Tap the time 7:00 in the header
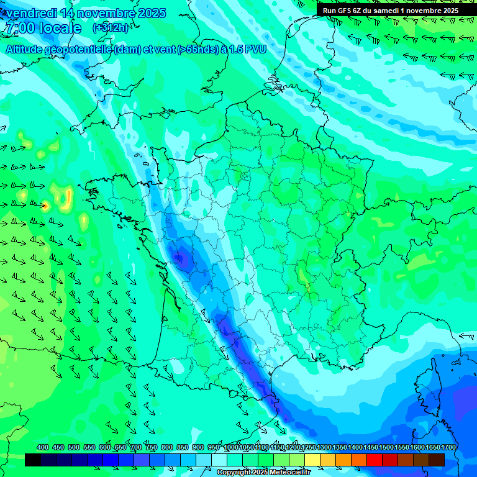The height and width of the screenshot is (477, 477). point(19,29)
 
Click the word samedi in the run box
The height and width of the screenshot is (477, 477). point(391,11)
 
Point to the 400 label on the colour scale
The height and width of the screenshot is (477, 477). point(43,448)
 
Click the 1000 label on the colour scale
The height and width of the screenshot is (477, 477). point(231,448)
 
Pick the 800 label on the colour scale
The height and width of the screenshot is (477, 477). point(167,448)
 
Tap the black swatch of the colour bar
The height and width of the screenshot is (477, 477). point(33,460)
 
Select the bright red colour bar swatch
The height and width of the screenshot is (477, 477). point(375,460)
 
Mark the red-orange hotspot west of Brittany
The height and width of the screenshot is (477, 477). point(45,205)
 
